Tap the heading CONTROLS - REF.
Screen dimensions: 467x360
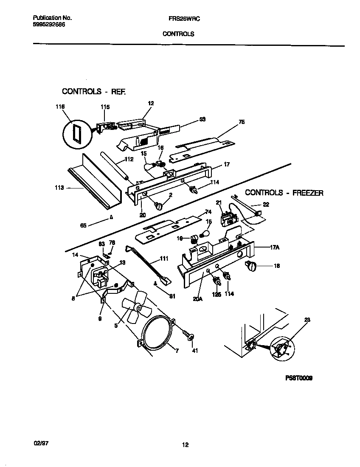pos(94,91)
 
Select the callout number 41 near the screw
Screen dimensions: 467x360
pos(195,351)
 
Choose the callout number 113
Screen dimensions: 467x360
pos(59,188)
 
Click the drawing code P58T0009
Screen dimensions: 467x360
pos(299,378)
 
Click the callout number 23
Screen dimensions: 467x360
pos(307,320)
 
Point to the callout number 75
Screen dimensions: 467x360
pos(242,122)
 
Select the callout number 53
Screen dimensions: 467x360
pos(202,119)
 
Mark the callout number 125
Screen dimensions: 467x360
pos(217,294)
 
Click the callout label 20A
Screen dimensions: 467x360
pos(197,298)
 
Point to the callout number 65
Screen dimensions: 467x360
pos(83,225)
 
